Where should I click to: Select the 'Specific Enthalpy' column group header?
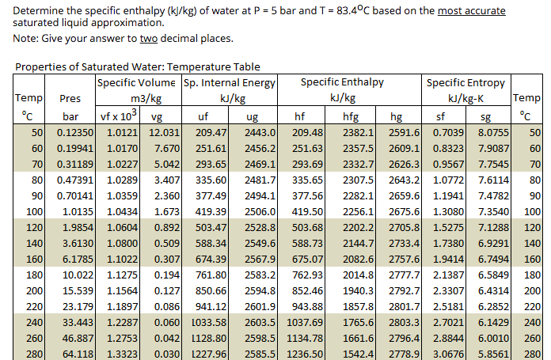pyautogui.click(x=342, y=82)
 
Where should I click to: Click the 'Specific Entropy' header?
pyautogui.click(x=466, y=82)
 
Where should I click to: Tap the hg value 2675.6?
pyautogui.click(x=405, y=212)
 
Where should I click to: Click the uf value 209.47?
pyautogui.click(x=211, y=132)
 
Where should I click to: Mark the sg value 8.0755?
pyautogui.click(x=496, y=132)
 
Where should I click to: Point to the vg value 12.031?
pyautogui.click(x=166, y=132)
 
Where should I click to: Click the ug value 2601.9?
pyautogui.click(x=260, y=306)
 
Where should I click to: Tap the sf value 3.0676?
pyautogui.click(x=447, y=353)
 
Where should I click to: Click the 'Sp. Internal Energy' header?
pyautogui.click(x=230, y=82)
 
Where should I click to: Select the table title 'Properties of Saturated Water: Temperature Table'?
pyautogui.click(x=138, y=67)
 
